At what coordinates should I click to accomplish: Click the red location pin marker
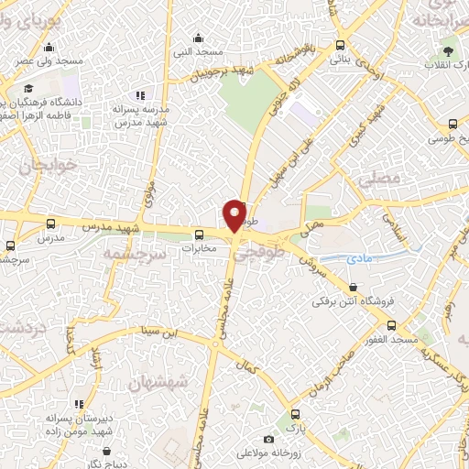coord(235,215)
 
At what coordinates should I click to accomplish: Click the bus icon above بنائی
coord(341,45)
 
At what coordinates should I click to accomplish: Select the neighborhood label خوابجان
coord(42,168)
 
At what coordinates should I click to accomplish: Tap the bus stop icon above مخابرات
coord(198,233)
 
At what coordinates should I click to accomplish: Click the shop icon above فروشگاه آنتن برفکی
coord(354,287)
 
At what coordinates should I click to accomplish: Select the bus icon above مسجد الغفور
coord(392,326)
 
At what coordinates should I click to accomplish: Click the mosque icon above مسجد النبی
coord(199,38)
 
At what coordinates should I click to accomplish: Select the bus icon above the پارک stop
coord(294,414)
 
